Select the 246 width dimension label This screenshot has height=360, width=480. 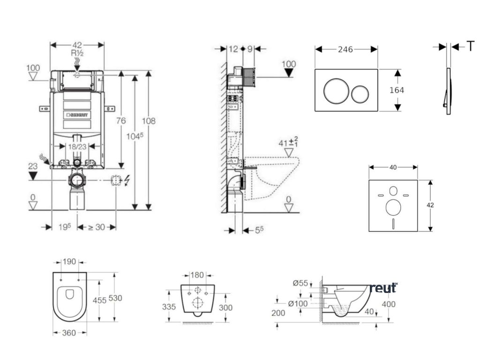tap(346, 49)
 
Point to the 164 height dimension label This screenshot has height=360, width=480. tap(397, 90)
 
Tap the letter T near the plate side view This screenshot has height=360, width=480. tap(470, 46)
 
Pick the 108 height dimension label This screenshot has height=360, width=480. tap(149, 121)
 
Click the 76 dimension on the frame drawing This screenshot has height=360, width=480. tap(121, 121)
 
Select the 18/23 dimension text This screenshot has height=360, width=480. tap(78, 146)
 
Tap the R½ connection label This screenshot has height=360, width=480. tap(77, 53)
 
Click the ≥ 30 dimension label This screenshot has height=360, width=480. tap(97, 227)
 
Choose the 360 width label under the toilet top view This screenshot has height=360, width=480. tap(69, 332)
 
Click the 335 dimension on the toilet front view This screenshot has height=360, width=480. tap(169, 307)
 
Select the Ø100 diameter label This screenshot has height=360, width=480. tap(298, 303)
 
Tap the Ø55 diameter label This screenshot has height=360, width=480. tap(300, 283)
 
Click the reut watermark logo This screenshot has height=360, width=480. tap(383, 287)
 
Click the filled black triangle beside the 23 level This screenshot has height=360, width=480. tap(33, 176)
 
